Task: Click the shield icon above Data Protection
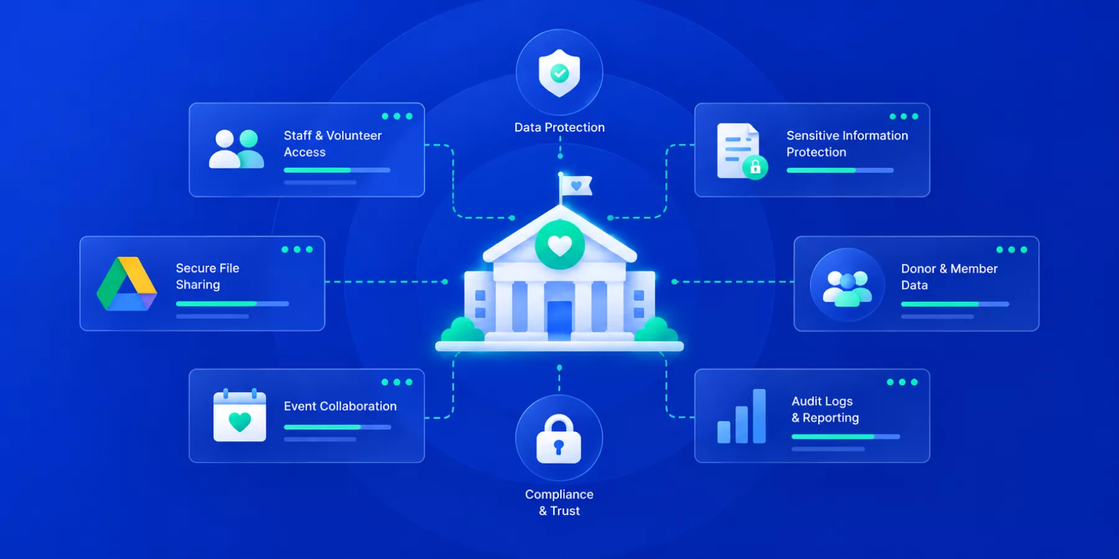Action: pos(559,73)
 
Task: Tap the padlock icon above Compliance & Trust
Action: pos(559,439)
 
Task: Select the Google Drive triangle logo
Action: pos(127,283)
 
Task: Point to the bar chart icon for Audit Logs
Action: pos(741,416)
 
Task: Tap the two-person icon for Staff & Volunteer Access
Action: pos(236,149)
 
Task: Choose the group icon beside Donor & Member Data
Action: pos(847,284)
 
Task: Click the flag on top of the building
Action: pos(576,185)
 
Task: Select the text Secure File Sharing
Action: pos(208,276)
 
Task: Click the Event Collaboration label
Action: pos(340,406)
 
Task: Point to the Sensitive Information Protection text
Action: pos(847,143)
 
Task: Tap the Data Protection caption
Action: pos(559,127)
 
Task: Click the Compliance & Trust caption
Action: pos(559,502)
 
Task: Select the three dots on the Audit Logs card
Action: pos(902,382)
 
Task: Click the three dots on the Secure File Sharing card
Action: pos(297,250)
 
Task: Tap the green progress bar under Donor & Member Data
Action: pos(940,304)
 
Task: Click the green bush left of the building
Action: pos(463,329)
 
